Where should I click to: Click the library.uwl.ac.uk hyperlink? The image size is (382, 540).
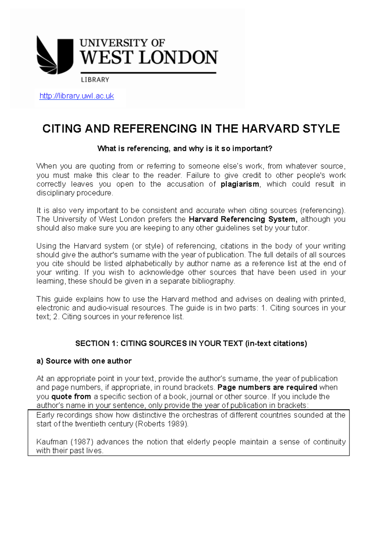76,96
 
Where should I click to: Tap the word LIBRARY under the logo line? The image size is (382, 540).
95,80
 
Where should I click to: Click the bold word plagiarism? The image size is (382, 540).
240,184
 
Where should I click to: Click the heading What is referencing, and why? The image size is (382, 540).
185,148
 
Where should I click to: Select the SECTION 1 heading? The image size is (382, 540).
191,343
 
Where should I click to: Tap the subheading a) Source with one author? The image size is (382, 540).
84,361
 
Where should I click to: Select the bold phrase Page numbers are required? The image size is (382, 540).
267,387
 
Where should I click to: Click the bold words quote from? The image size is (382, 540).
71,396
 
